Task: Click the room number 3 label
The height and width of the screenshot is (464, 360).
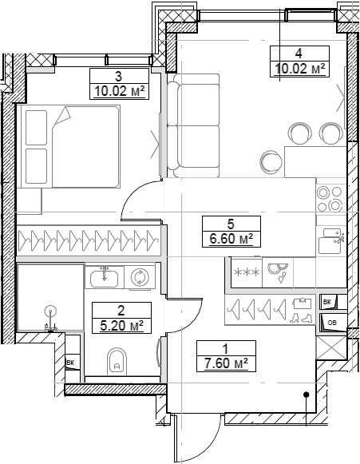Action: click(118, 77)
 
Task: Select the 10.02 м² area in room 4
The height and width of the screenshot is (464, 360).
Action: click(299, 69)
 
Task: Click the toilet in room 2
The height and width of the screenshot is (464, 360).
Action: click(117, 362)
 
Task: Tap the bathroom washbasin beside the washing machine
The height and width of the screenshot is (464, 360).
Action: click(105, 278)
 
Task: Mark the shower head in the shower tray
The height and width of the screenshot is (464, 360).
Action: click(50, 311)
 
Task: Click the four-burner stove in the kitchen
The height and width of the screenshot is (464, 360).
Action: click(330, 197)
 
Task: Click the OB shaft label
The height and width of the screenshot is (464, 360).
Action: click(332, 322)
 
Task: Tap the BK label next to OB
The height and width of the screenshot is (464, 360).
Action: click(327, 302)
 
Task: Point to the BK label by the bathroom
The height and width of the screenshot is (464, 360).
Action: click(71, 364)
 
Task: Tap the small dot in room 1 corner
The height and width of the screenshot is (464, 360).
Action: click(306, 395)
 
